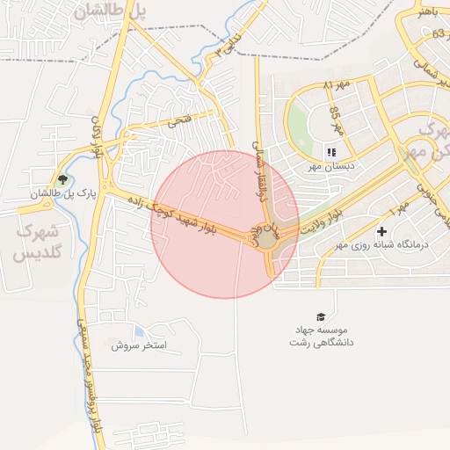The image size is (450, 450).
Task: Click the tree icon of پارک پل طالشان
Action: point(60,179)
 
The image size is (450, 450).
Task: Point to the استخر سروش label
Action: point(139,345)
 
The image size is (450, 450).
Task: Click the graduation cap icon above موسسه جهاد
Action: point(321,316)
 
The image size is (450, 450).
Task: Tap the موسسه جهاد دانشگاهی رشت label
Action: point(321,336)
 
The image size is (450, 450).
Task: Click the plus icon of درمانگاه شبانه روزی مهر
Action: point(381,232)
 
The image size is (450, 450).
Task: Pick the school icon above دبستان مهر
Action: point(331,152)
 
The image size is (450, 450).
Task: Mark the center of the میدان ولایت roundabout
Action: point(265,238)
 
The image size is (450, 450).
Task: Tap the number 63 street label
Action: point(438,33)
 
